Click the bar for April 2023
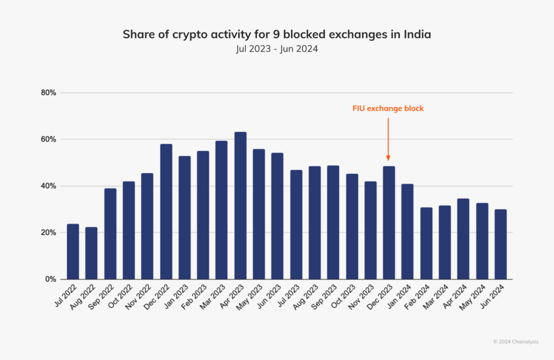240,205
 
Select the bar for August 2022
91,253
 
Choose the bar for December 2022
166,211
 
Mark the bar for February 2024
426,243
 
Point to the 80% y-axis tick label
49,93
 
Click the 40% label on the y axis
49,186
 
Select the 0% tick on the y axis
51,279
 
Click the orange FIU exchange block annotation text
388,109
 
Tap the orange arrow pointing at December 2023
388,139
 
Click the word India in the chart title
418,35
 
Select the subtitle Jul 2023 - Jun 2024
276,49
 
